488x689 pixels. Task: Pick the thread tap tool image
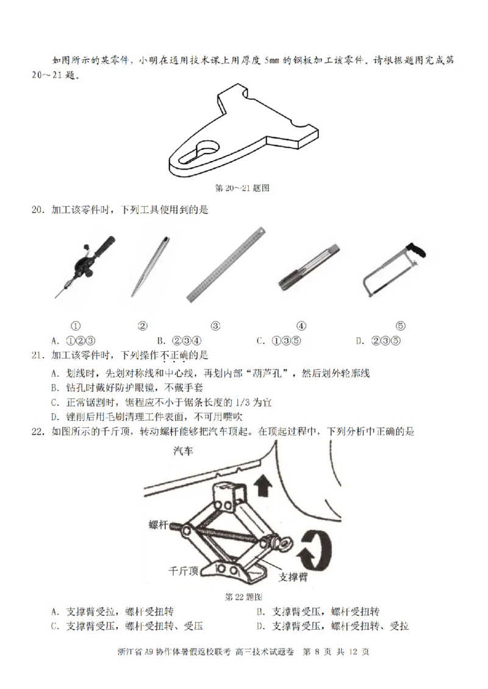308,266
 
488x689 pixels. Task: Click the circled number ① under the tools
76,326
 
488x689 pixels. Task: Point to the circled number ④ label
301,326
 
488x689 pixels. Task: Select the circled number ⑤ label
401,326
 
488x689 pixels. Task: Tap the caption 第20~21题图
243,188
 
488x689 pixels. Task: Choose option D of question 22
332,626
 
